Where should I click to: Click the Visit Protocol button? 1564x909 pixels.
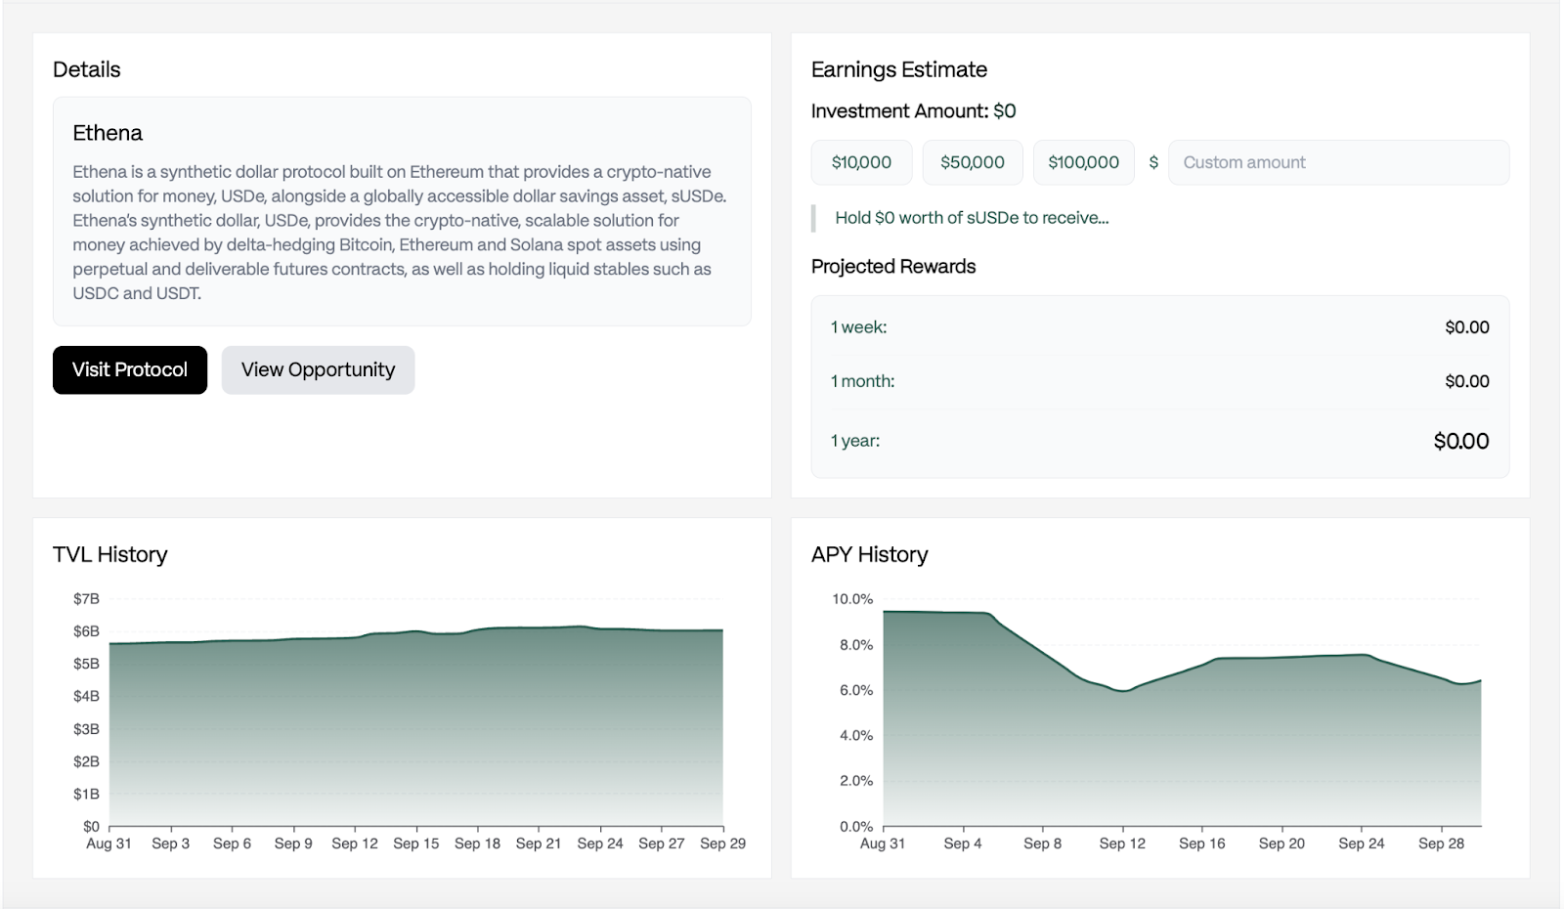[x=130, y=370]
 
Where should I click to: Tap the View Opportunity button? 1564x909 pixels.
[x=318, y=370]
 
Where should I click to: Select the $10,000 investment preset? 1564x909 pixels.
[x=861, y=162]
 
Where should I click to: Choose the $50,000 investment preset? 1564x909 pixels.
[x=972, y=162]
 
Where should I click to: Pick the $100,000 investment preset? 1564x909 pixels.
[x=1083, y=162]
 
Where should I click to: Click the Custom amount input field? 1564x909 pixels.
[x=1338, y=162]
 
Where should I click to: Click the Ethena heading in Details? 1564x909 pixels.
[x=108, y=133]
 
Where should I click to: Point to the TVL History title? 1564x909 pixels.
[x=110, y=554]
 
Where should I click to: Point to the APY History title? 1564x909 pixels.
[x=869, y=554]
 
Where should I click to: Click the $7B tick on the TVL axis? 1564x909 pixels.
[x=86, y=599]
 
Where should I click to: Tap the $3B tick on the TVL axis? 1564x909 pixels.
[x=86, y=729]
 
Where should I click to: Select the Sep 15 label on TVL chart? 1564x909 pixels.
[x=415, y=844]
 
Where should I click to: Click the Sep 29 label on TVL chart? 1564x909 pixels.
[x=722, y=844]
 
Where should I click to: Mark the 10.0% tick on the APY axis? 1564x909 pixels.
[x=852, y=599]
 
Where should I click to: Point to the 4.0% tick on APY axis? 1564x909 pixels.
[x=855, y=735]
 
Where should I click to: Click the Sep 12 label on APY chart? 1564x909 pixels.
[x=1121, y=844]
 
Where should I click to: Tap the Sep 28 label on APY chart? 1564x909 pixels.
[x=1441, y=844]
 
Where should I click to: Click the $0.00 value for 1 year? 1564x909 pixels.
[x=1460, y=441]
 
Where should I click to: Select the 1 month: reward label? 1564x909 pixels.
[x=862, y=381]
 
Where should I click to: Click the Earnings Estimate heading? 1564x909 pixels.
[x=898, y=69]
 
